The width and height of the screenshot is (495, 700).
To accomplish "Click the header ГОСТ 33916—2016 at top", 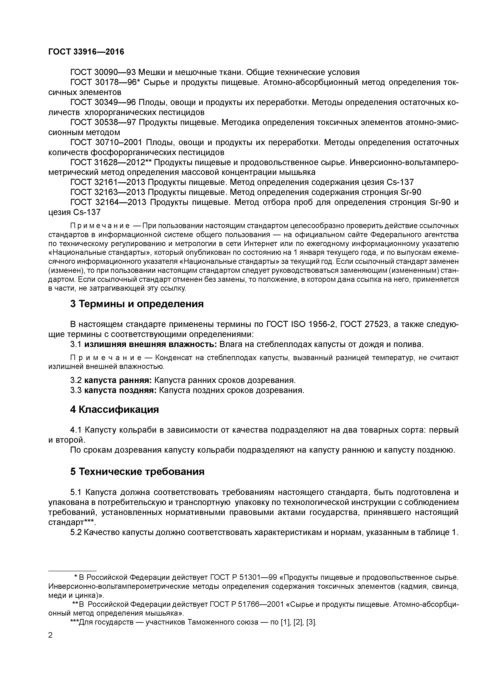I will [x=86, y=52].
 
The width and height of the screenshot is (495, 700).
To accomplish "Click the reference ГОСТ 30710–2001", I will [x=105, y=142].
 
